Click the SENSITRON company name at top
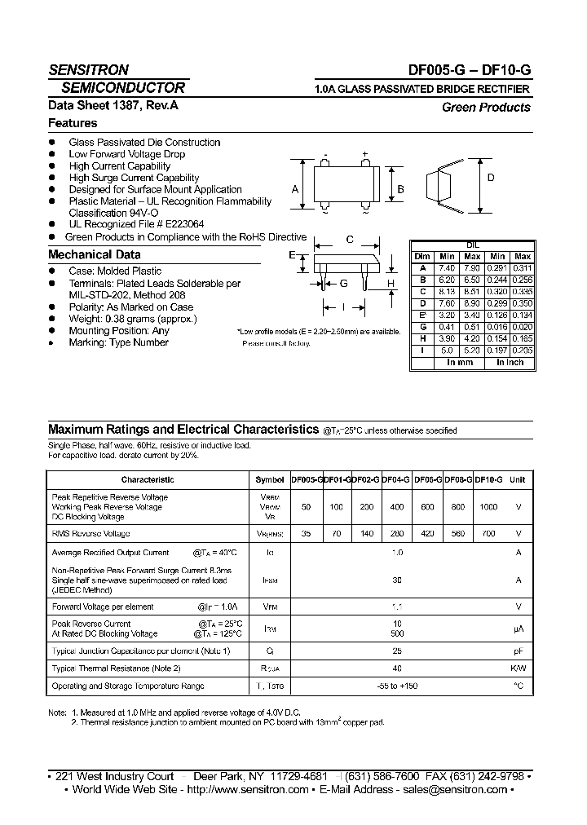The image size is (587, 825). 88,70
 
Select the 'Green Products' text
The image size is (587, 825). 486,107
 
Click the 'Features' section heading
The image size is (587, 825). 73,123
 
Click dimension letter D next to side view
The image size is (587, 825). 491,178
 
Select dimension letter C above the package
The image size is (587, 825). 349,240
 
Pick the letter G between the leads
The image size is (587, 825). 343,283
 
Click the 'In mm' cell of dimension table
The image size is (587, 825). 460,362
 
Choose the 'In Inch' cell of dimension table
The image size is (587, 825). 510,362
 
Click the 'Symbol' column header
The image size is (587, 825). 270,480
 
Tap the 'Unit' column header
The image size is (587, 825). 518,480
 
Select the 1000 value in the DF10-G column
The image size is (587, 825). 488,506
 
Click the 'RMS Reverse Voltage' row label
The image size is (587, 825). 90,533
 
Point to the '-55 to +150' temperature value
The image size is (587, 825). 398,686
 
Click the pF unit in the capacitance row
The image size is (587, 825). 518,651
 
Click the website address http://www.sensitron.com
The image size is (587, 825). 248,789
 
